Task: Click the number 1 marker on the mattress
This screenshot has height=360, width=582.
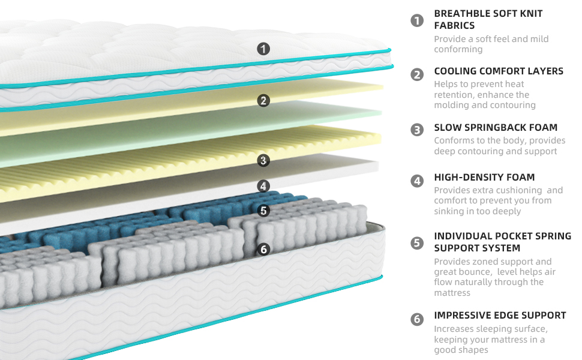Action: point(263,49)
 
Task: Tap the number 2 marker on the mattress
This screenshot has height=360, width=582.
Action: point(263,101)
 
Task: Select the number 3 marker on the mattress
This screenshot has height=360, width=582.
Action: point(263,160)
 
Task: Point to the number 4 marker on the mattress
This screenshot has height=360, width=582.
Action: point(263,186)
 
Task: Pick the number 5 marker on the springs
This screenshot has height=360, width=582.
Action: point(263,211)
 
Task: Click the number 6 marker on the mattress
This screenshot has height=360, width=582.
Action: point(263,250)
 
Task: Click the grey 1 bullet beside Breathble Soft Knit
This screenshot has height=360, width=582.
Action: point(417,20)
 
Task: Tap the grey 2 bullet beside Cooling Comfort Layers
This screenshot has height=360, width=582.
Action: point(417,74)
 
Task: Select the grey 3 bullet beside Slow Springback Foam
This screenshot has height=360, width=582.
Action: point(417,130)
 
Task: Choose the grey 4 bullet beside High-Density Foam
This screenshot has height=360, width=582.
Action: point(417,181)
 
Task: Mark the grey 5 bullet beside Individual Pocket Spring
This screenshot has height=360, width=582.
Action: point(417,243)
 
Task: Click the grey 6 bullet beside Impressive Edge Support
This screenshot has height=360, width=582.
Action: point(417,319)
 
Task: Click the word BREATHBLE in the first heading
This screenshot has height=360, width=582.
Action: point(463,13)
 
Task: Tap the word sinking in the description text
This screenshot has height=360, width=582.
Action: point(451,211)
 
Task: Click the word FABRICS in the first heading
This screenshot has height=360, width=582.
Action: point(454,25)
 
